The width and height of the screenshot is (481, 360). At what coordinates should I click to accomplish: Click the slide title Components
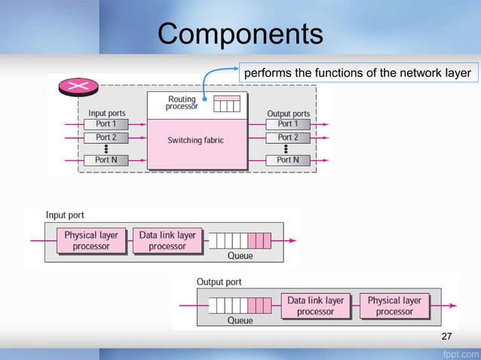(240, 34)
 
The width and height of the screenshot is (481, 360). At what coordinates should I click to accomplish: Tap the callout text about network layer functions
(356, 73)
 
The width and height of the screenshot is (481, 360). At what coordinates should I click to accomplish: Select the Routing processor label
(182, 103)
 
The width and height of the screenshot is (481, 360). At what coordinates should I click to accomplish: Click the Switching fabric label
(195, 140)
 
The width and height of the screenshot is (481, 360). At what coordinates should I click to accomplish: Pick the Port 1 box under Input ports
(106, 124)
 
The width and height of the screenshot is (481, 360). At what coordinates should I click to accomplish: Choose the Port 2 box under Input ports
(106, 138)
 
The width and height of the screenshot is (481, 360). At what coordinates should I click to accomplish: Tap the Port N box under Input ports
(106, 160)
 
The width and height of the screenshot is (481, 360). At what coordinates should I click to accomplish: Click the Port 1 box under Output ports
(284, 124)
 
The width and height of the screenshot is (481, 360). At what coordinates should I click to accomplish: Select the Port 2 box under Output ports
(284, 138)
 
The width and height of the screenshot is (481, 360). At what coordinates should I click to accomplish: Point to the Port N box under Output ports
(284, 160)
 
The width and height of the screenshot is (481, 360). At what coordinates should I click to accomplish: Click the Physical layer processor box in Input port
(91, 241)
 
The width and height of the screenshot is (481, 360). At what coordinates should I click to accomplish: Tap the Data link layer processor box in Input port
(167, 241)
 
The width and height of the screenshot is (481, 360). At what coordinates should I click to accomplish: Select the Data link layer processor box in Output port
(315, 306)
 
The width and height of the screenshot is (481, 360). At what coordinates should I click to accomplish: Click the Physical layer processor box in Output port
(394, 306)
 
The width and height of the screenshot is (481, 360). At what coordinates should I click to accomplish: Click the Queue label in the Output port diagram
(240, 320)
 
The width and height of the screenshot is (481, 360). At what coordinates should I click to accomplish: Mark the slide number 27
(446, 335)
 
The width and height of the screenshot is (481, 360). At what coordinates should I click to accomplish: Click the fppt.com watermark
(458, 352)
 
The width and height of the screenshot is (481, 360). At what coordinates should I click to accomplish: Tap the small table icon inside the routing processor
(227, 104)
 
